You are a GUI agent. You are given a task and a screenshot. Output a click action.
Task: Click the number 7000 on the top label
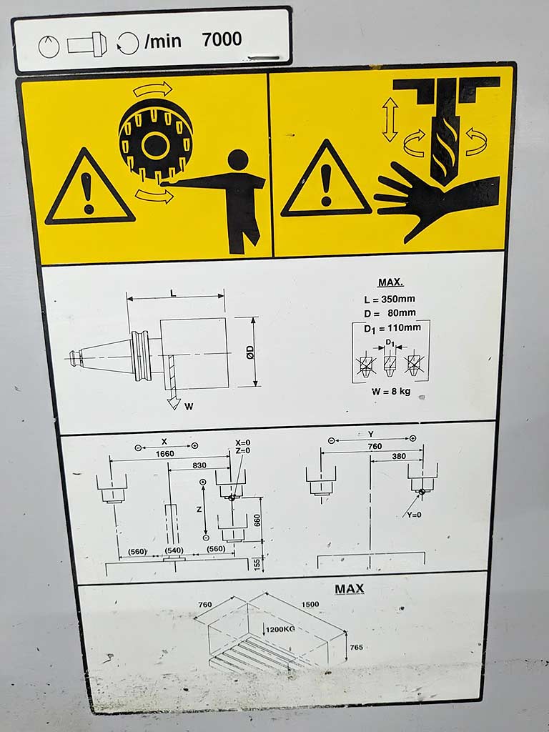pos(222,40)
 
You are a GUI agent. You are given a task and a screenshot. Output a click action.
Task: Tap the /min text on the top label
pos(163,41)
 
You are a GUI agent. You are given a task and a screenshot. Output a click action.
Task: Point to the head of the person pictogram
pos(238,160)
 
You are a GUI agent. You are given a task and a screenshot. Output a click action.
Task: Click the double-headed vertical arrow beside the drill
pos(390,120)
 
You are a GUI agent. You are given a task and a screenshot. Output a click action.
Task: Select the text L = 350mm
pos(390,299)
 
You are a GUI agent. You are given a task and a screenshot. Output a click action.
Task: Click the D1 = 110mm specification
pos(392,328)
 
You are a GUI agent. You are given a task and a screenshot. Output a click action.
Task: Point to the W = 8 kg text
pos(391,391)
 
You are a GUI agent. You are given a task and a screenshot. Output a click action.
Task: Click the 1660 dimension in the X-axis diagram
pos(165,454)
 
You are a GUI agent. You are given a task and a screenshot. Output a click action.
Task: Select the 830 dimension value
pos(199,465)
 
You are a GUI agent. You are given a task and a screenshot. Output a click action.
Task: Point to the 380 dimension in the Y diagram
pos(399,457)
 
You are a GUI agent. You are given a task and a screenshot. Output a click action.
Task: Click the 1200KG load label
pos(280,629)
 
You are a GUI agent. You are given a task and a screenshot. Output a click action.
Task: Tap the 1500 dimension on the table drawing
pos(310,605)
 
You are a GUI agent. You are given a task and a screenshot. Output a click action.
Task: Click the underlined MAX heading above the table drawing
pos(349,589)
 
